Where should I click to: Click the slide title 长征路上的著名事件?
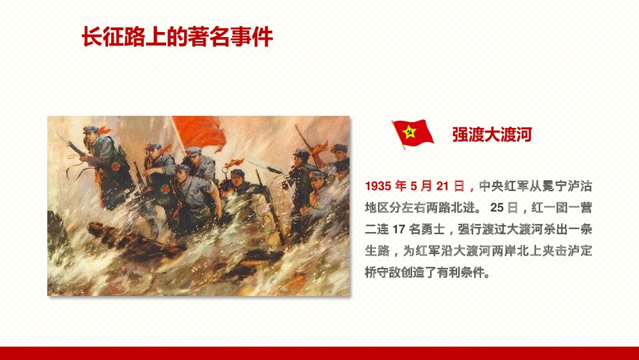coord(177,37)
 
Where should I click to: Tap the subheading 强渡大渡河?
coord(491,134)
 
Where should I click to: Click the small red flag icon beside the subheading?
coord(412,133)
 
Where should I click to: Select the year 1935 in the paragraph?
coord(378,187)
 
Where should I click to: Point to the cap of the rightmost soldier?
coord(339,148)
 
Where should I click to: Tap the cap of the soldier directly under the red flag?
coord(192,152)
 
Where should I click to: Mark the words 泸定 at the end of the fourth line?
coord(582,251)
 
